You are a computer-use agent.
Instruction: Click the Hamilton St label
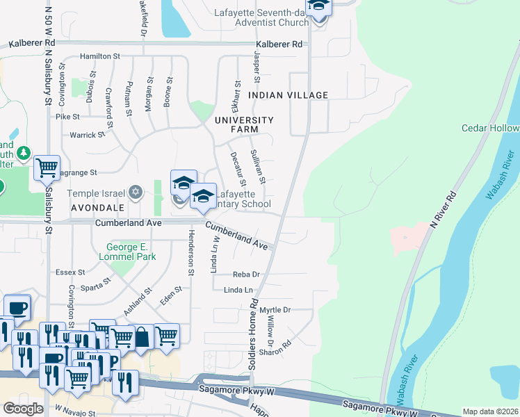(100, 56)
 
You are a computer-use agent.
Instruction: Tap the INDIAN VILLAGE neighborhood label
(288, 95)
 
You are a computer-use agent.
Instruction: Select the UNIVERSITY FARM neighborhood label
(244, 124)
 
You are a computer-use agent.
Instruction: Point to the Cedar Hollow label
(490, 129)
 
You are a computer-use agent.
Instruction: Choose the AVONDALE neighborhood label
(96, 207)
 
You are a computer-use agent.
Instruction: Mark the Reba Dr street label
(246, 275)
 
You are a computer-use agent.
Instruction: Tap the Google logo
(23, 409)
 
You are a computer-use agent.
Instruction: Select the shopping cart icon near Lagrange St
(47, 167)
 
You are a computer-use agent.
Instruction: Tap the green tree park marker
(24, 152)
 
